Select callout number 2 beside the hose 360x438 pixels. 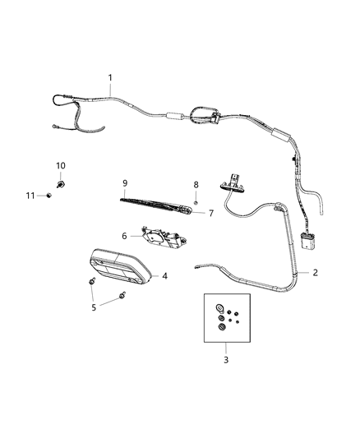[x=315, y=270]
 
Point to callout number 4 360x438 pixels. [x=164, y=276]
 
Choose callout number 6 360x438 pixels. [x=125, y=236]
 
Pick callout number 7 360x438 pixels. [x=210, y=213]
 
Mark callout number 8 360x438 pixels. [x=196, y=185]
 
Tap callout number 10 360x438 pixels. [x=60, y=166]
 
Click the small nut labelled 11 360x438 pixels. [x=50, y=195]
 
